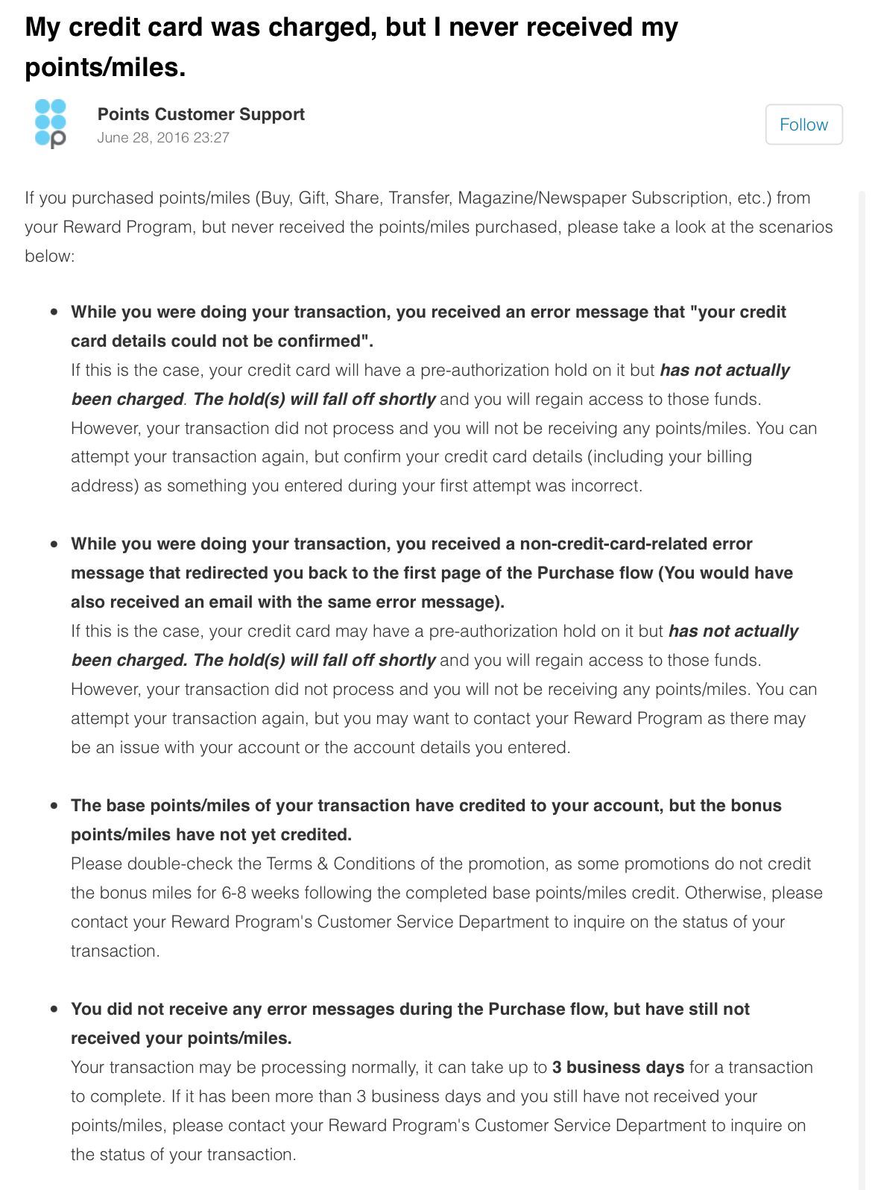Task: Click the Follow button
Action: coord(803,125)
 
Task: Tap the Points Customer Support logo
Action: coord(51,124)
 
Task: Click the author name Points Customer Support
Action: coord(201,114)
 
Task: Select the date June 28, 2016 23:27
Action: coord(163,137)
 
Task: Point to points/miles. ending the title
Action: coord(105,68)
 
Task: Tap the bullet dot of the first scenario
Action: coord(54,312)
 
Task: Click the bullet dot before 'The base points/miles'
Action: coord(54,806)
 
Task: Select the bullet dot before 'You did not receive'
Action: coord(54,1010)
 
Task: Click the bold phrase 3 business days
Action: coord(618,1068)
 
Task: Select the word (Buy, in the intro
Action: coord(274,198)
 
